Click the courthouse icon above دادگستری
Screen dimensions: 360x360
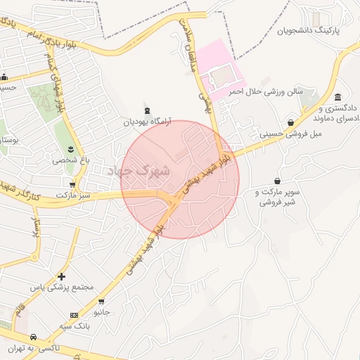pos(338,97)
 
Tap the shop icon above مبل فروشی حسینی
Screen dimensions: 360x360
pos(290,122)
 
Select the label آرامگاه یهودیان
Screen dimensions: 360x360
pos(147,121)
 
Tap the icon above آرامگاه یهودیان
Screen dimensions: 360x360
pos(147,110)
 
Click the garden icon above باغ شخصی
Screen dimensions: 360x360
pos(70,148)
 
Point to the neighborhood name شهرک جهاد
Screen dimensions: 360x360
pos(141,170)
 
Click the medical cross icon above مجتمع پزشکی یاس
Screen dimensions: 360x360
pos(62,277)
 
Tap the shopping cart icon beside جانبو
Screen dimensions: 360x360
pos(101,302)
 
